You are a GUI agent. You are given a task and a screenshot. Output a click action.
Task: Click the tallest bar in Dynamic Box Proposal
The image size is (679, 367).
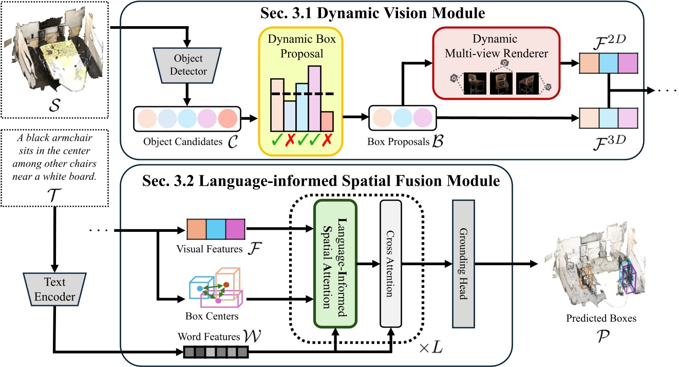pyautogui.click(x=314, y=98)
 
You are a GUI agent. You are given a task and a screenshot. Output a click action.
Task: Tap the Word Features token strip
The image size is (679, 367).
pyautogui.click(x=216, y=352)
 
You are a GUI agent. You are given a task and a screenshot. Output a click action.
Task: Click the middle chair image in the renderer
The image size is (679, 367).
pyautogui.click(x=501, y=82)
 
